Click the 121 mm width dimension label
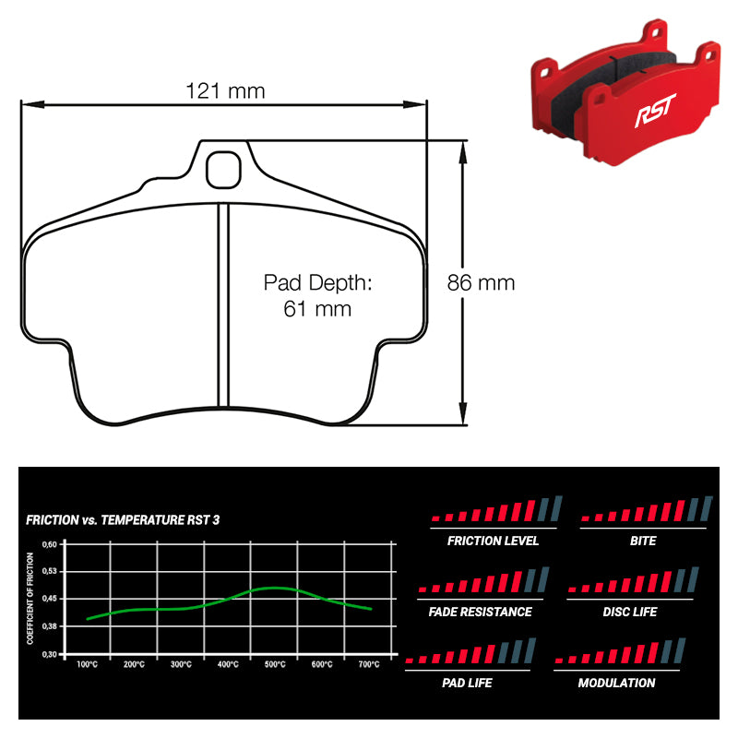(x=224, y=90)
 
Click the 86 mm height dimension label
(x=481, y=283)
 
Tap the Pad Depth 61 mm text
(x=317, y=295)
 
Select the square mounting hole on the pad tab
(x=222, y=168)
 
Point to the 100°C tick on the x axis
(x=88, y=664)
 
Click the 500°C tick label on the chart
(x=275, y=664)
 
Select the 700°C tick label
(x=370, y=664)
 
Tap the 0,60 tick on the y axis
(x=52, y=544)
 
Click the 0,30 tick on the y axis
(x=52, y=654)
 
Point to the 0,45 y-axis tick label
(x=52, y=599)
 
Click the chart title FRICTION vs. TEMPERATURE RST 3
(x=123, y=520)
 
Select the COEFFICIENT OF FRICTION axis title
(x=30, y=598)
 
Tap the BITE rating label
(x=643, y=541)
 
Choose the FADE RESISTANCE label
(x=480, y=612)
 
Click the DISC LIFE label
(x=630, y=612)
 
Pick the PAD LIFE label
(x=467, y=683)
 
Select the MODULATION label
(x=616, y=683)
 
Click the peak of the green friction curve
(x=274, y=588)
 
